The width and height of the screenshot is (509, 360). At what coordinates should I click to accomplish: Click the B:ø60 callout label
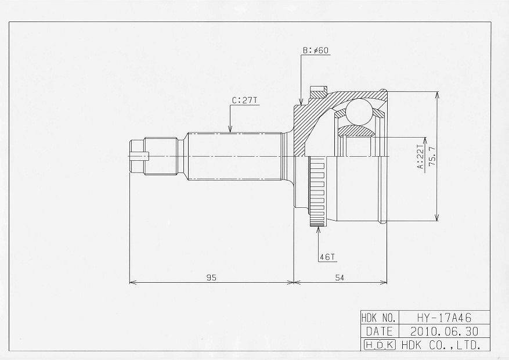point(316,51)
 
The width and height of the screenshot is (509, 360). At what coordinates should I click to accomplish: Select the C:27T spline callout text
point(244,100)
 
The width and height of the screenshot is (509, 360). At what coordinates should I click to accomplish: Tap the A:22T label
point(420,157)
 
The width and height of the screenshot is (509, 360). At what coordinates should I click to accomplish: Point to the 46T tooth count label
point(327,257)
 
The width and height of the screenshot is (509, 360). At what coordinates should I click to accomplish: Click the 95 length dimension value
point(211,277)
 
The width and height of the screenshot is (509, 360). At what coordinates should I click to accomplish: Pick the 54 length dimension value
point(340,277)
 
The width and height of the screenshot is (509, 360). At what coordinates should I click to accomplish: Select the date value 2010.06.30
point(444,331)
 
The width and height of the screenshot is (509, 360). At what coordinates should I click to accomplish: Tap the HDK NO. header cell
point(379,317)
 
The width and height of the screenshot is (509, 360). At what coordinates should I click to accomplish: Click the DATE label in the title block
point(379,332)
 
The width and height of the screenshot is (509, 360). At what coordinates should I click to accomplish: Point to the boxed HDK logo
point(380,344)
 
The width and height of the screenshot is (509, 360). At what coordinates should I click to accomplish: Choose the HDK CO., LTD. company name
point(441,344)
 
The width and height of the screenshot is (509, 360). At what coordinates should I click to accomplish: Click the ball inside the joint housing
point(358,111)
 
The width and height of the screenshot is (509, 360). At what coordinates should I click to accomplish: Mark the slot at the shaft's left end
point(139,156)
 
